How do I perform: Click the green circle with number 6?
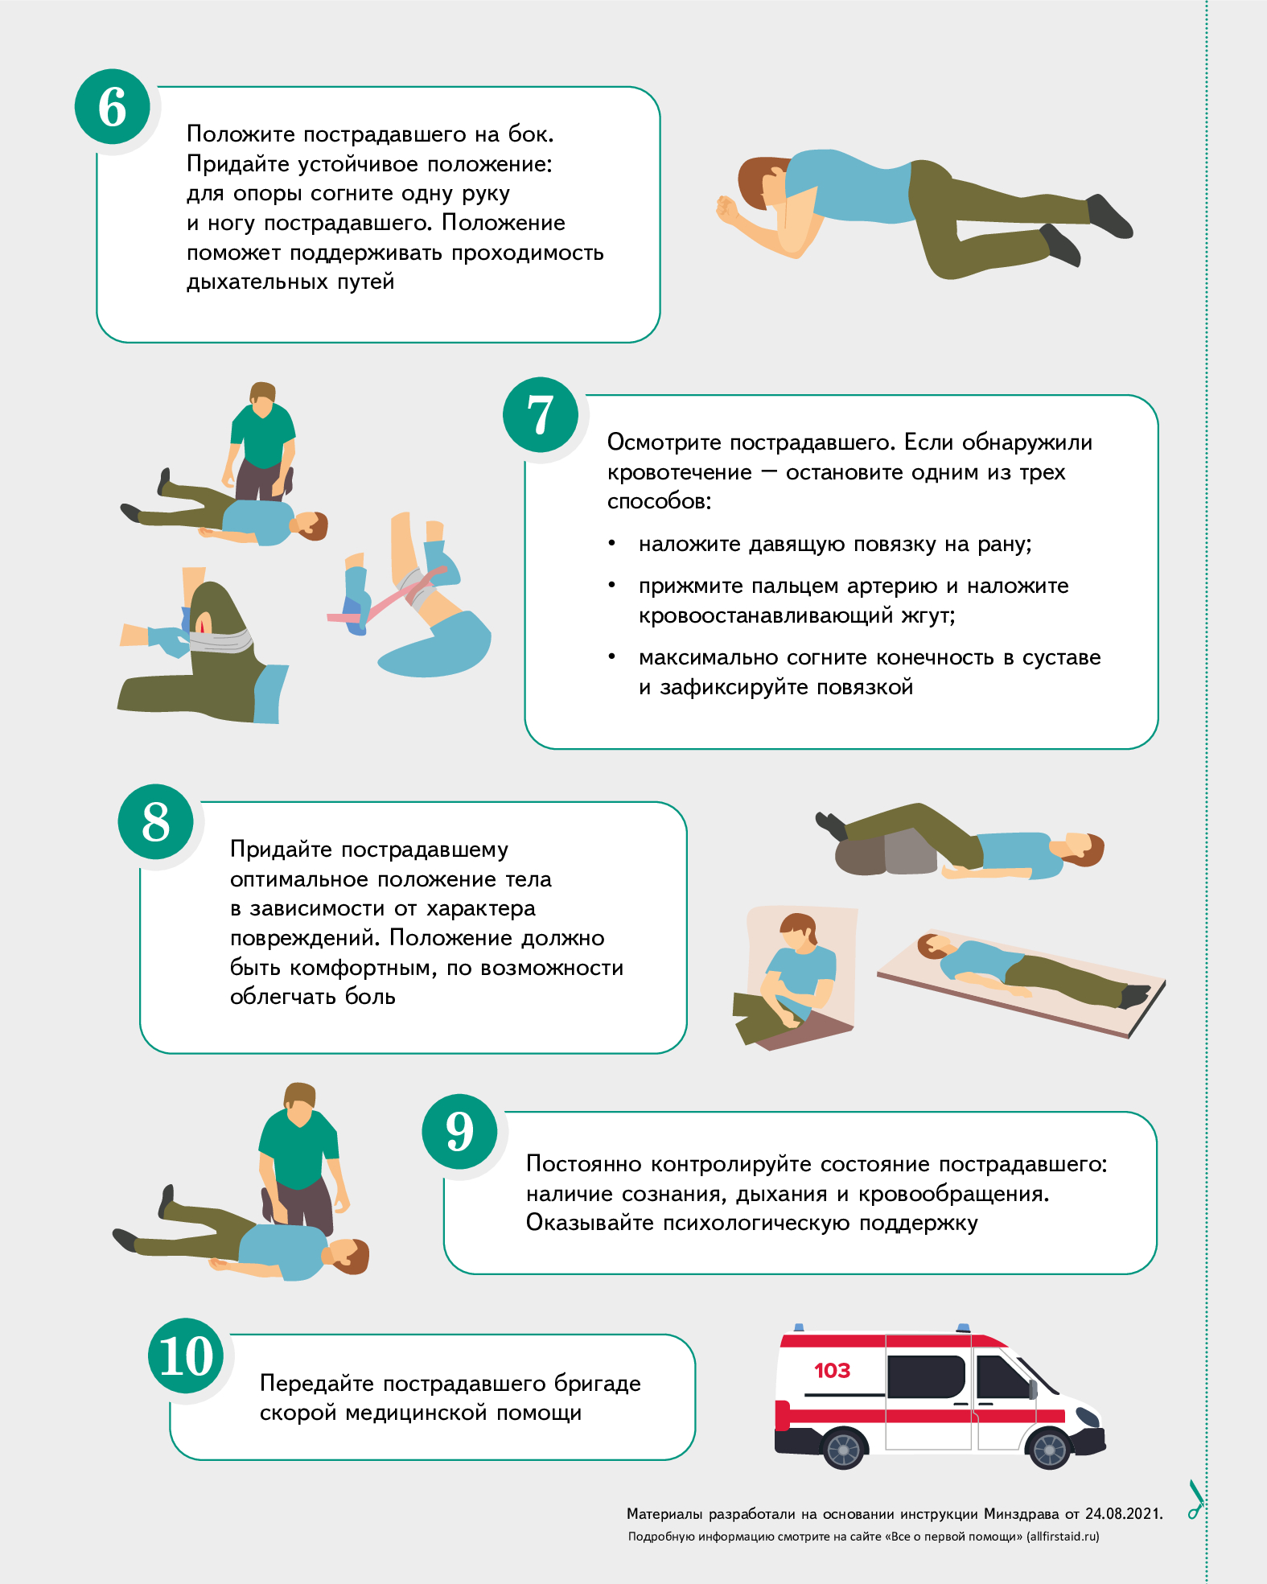click(x=113, y=107)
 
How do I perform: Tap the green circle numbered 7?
click(x=541, y=415)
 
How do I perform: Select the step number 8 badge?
click(x=156, y=821)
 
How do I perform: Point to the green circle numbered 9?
click(x=459, y=1132)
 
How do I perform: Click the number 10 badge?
click(x=186, y=1356)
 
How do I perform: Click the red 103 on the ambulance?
click(x=832, y=1370)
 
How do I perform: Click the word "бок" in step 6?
click(x=529, y=134)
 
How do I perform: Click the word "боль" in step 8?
click(x=370, y=997)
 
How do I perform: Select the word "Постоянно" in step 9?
click(x=583, y=1164)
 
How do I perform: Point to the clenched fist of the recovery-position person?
click(x=729, y=209)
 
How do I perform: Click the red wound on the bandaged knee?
click(x=202, y=623)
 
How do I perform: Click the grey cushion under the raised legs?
click(x=886, y=853)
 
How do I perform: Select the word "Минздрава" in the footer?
click(x=1022, y=1514)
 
